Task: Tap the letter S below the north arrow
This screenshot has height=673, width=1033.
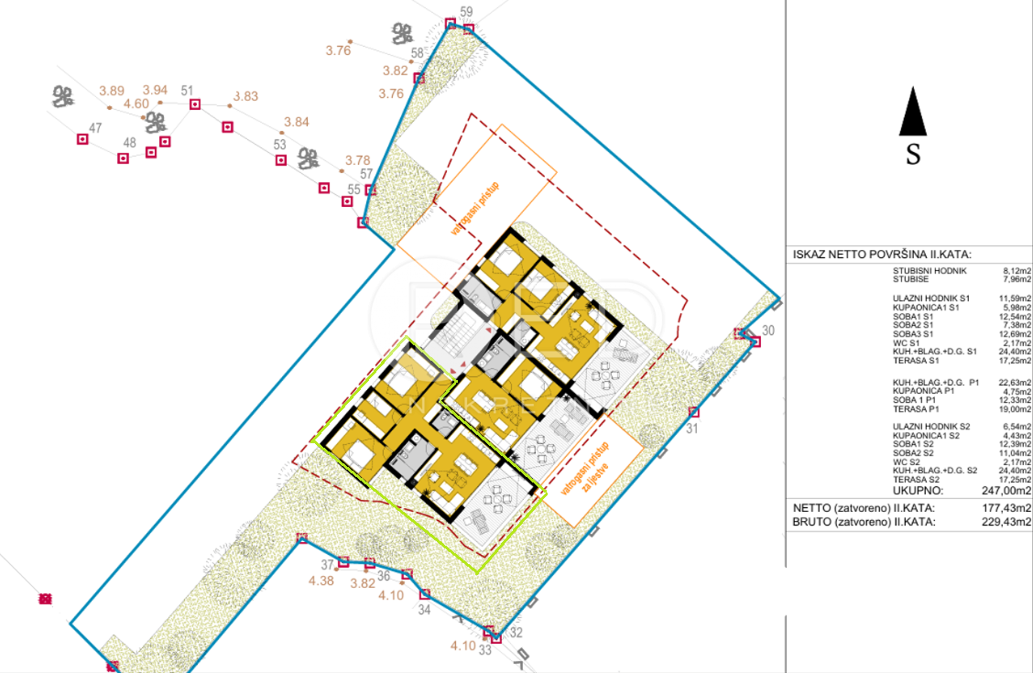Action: [x=913, y=155]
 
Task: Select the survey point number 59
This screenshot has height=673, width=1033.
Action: [x=467, y=12]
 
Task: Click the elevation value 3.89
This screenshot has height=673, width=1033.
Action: [x=111, y=91]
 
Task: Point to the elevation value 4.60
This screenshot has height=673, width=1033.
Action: [x=136, y=103]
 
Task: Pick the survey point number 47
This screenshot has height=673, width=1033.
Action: [x=95, y=128]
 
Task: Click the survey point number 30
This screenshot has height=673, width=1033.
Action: [x=768, y=331]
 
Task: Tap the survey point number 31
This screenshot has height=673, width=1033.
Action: [x=692, y=428]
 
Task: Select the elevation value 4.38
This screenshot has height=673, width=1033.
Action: [x=321, y=581]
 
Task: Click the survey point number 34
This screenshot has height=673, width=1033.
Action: [x=423, y=609]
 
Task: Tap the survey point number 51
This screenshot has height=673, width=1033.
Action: [x=187, y=91]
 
